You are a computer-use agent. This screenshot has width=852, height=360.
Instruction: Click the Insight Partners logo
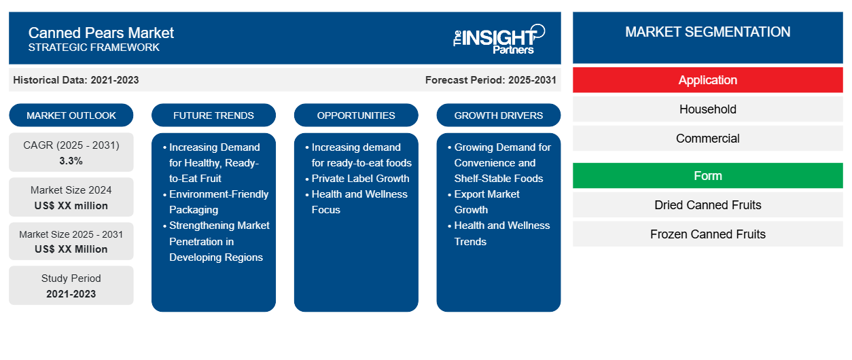[499, 39]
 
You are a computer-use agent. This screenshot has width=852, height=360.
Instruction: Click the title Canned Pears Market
[101, 33]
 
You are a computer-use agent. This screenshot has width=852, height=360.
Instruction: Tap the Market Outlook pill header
[71, 115]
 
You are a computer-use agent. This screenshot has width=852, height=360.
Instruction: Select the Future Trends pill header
[213, 115]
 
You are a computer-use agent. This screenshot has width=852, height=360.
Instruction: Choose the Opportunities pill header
[356, 115]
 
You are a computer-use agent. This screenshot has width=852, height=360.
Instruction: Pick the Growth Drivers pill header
[498, 115]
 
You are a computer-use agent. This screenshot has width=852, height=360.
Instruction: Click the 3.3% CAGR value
[71, 161]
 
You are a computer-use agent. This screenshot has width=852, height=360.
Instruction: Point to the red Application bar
[707, 80]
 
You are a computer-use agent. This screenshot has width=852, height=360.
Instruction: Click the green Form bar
[707, 176]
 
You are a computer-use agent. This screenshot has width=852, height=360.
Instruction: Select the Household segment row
[707, 109]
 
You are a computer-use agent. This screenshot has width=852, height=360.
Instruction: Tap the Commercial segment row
[707, 139]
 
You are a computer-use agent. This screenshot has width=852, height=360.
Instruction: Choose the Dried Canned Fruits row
[707, 205]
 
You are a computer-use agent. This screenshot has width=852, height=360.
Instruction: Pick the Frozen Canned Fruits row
[707, 234]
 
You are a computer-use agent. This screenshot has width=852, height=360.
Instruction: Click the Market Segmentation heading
[707, 32]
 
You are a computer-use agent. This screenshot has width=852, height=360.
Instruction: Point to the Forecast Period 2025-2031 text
[491, 80]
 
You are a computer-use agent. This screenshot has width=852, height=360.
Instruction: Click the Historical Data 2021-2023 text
[76, 80]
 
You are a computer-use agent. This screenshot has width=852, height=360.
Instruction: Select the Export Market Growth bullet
[484, 202]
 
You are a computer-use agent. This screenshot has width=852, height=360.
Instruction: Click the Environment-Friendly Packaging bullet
[215, 202]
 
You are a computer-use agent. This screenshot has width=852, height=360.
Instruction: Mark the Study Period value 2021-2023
[71, 294]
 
